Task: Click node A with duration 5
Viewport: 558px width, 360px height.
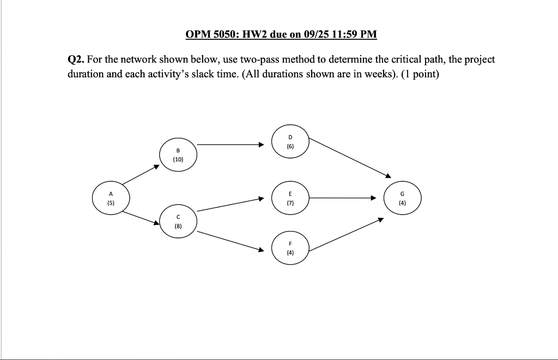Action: coord(111,198)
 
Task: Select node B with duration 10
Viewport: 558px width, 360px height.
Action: coord(178,155)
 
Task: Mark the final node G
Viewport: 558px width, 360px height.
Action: coord(402,198)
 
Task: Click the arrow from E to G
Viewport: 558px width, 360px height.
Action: coord(343,198)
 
